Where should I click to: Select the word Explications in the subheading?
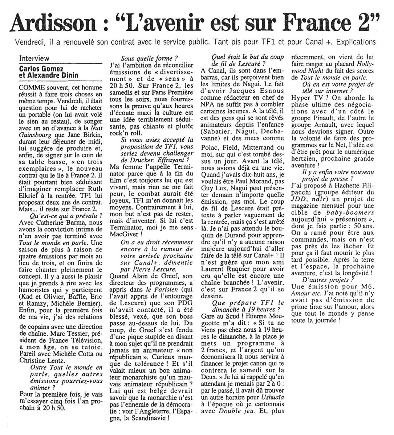[356, 42]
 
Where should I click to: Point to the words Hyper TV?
[307, 98]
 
